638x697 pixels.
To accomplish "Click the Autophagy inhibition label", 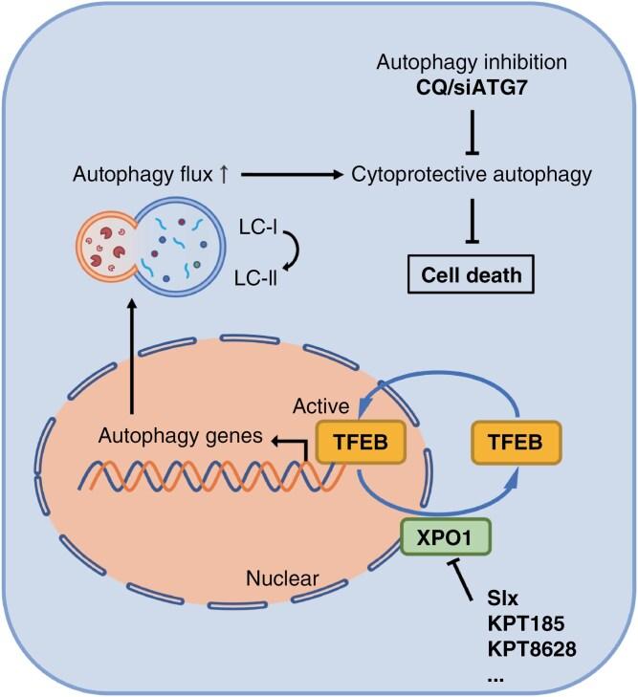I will point(471,67).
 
